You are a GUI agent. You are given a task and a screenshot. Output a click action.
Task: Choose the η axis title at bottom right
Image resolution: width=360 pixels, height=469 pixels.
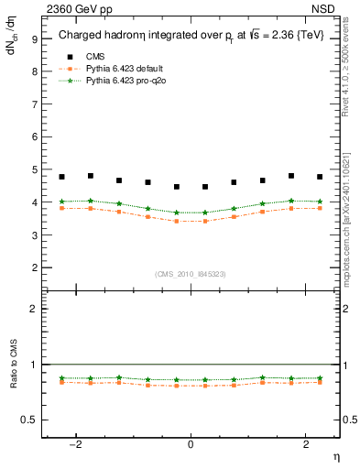[335, 455]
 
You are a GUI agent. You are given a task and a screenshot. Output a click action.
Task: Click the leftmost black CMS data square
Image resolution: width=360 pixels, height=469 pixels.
[61, 177]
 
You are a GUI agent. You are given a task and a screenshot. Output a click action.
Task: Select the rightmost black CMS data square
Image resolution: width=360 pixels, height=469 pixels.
[320, 177]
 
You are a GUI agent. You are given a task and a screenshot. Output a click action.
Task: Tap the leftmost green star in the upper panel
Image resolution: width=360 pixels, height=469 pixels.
[61, 202]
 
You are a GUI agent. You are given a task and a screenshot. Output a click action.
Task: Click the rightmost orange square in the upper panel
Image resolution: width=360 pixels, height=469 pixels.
[320, 208]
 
